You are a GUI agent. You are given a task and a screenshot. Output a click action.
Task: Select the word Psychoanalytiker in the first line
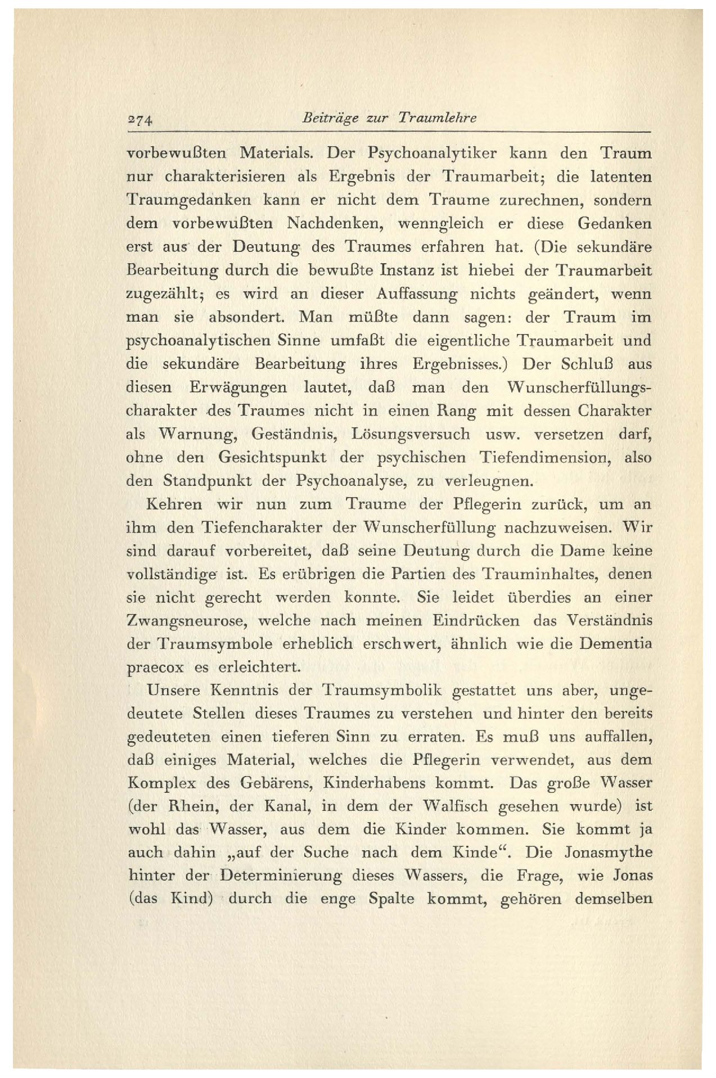tap(431, 154)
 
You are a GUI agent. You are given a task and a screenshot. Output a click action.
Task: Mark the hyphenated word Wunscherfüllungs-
tap(580, 388)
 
